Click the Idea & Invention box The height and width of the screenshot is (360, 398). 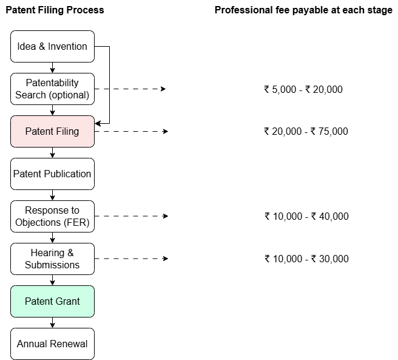[x=53, y=47]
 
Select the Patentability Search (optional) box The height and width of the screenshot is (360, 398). [x=53, y=89]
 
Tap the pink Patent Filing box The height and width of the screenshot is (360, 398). [x=53, y=131]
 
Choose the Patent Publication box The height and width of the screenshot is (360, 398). [x=53, y=174]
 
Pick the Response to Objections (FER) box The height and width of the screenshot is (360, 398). [x=53, y=216]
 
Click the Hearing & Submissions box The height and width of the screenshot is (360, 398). [x=53, y=259]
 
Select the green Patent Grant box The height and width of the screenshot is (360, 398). [x=53, y=301]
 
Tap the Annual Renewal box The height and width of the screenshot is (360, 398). [x=53, y=344]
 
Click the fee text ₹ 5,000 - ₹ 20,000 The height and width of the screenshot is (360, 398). [x=303, y=89]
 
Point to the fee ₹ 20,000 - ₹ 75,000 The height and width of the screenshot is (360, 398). [x=306, y=131]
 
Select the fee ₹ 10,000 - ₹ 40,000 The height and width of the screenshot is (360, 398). [x=306, y=216]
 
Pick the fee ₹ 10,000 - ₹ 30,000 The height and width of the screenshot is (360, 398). [x=306, y=259]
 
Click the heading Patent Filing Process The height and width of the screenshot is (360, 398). [x=55, y=10]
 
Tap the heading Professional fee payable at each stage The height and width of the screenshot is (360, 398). [x=303, y=10]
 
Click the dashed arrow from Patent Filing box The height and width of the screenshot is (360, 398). [x=131, y=131]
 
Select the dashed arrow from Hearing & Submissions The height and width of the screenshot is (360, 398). [x=131, y=259]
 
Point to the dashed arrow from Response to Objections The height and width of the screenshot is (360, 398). [x=131, y=216]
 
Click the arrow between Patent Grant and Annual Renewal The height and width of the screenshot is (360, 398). [x=53, y=322]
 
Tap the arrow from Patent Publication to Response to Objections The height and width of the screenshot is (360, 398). [x=53, y=195]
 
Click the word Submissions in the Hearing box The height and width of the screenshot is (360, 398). [x=52, y=265]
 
